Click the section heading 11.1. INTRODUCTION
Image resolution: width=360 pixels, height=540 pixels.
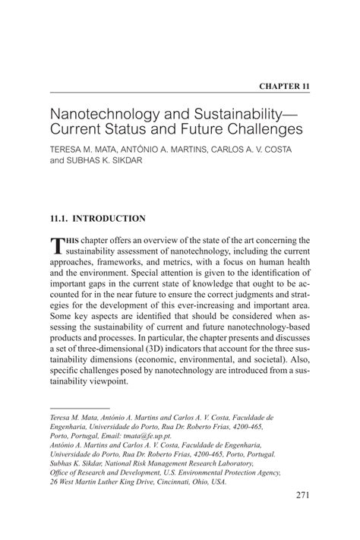pyautogui.click(x=97, y=219)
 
